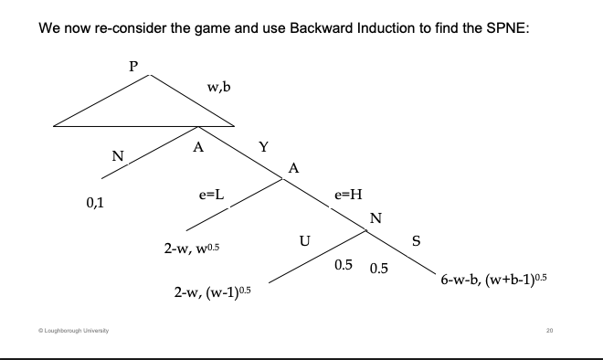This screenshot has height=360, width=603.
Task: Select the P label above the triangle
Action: pyautogui.click(x=133, y=68)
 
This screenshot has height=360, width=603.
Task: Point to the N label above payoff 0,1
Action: pyautogui.click(x=117, y=156)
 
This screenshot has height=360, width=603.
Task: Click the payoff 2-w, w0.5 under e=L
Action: pyautogui.click(x=196, y=249)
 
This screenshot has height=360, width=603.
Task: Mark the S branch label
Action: pyautogui.click(x=418, y=241)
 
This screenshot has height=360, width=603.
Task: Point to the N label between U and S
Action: pyautogui.click(x=375, y=217)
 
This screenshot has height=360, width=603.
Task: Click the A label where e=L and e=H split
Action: pyautogui.click(x=292, y=168)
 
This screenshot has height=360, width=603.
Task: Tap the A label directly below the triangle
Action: pyautogui.click(x=197, y=147)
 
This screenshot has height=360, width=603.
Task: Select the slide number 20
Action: pyautogui.click(x=550, y=330)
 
